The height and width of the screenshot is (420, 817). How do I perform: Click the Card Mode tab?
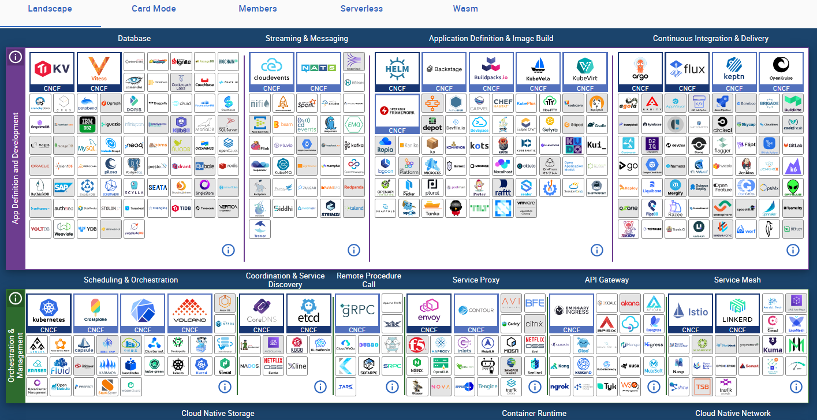(x=154, y=9)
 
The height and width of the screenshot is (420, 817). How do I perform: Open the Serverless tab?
(x=361, y=9)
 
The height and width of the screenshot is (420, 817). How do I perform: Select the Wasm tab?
(x=465, y=9)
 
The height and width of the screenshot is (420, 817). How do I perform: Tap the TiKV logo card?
(x=52, y=72)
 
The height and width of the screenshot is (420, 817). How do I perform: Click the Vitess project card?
(x=99, y=72)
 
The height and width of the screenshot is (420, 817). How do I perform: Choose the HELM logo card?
(x=397, y=72)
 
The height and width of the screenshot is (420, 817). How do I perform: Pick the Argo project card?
(x=640, y=72)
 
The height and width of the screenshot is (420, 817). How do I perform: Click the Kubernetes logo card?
(x=49, y=314)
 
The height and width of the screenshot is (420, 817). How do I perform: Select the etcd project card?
(x=308, y=314)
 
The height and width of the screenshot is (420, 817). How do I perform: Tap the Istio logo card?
(x=691, y=314)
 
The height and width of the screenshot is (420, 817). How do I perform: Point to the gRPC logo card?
(x=357, y=314)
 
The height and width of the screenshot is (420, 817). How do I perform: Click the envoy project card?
(x=429, y=314)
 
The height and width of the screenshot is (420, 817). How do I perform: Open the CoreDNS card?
(x=262, y=314)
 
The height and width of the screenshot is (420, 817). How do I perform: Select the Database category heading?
(x=134, y=39)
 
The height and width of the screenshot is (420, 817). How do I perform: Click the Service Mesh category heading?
(x=737, y=280)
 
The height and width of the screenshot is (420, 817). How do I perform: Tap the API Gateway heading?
(x=606, y=280)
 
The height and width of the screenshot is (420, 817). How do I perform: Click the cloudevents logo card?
(x=271, y=72)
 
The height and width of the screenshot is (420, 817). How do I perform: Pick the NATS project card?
(x=318, y=72)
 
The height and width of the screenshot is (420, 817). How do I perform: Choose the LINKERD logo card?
(x=737, y=314)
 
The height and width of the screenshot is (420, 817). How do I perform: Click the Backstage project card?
(x=444, y=72)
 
